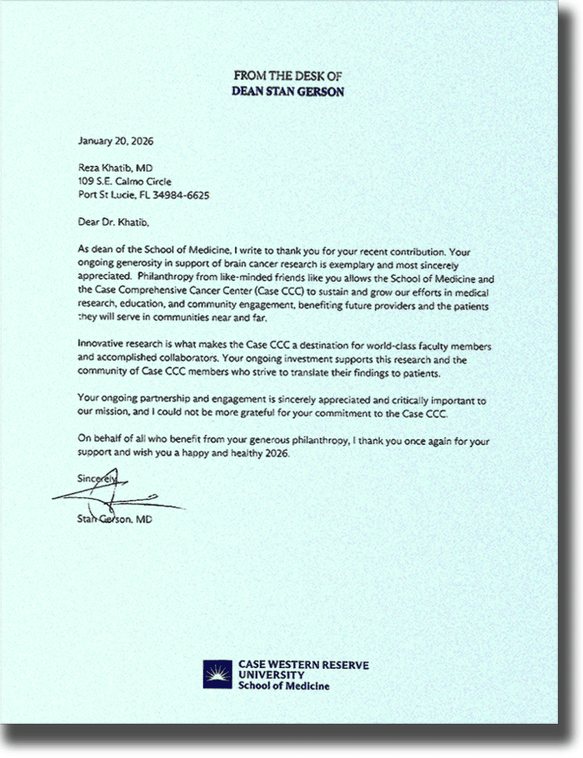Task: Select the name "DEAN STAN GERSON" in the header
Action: pos(289,89)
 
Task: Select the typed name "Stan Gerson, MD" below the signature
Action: pos(113,520)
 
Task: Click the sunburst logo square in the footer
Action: pos(217,675)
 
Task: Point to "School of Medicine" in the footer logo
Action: pos(283,686)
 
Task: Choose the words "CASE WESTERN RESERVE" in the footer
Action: pos(303,665)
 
